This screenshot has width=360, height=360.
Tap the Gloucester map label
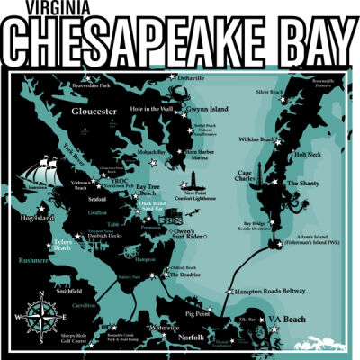coord(95,111)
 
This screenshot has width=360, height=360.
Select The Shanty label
coord(303,184)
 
